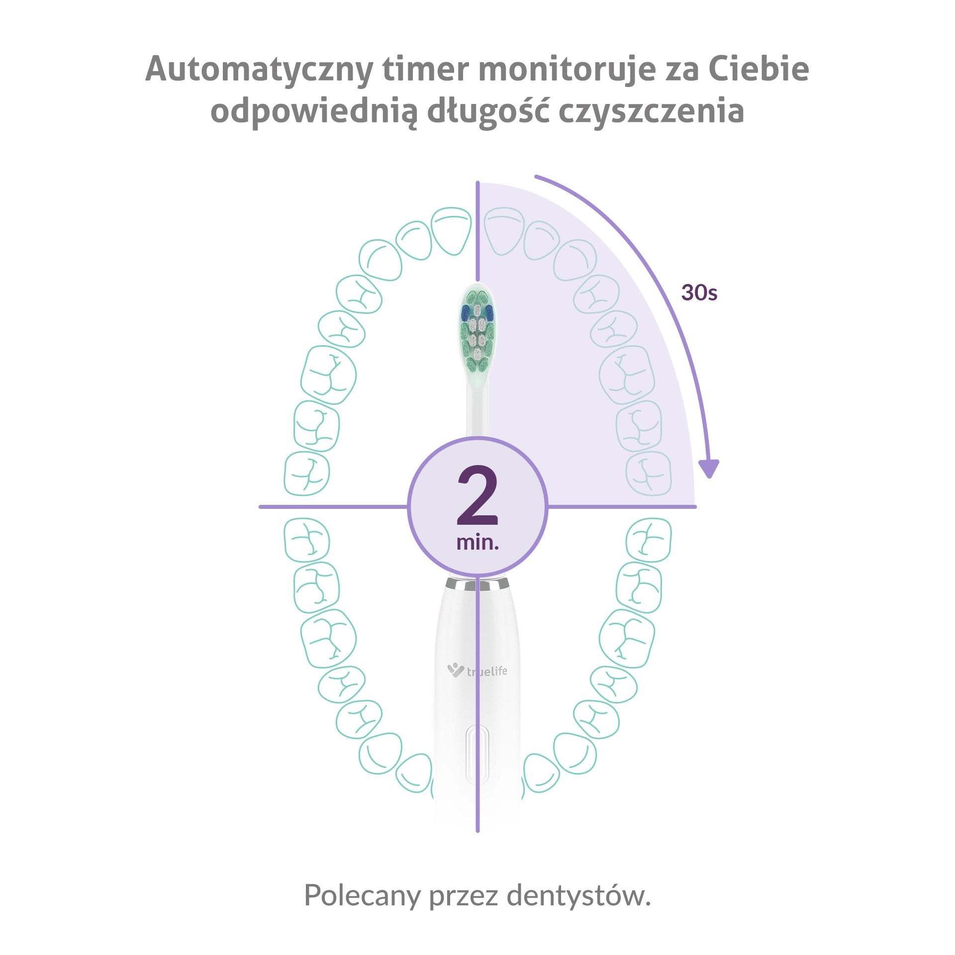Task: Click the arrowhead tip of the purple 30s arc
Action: [709, 478]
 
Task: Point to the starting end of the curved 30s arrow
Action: [535, 176]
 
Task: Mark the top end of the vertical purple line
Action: [477, 182]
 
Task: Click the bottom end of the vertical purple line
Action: [477, 831]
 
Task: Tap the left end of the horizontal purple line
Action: [260, 507]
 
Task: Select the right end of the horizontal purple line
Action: [695, 507]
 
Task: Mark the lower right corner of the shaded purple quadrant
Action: [694, 506]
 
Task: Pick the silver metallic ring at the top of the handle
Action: [477, 583]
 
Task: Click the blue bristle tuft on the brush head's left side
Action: [466, 312]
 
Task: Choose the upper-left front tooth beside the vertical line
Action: [451, 231]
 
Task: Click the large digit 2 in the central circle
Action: [477, 495]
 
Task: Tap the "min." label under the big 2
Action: [477, 542]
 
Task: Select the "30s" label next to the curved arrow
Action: [699, 293]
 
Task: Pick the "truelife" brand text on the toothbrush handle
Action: [487, 671]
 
